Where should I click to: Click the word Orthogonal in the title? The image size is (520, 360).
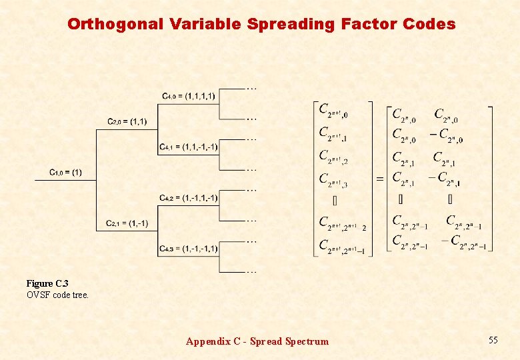[x=115, y=25]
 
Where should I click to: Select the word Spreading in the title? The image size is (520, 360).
[x=291, y=25]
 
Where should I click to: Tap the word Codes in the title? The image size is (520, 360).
[x=429, y=25]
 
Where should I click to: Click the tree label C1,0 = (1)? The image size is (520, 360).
[x=65, y=173]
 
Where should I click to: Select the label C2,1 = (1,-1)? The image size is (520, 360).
[x=127, y=223]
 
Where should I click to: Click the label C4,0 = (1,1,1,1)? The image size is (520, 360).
[x=189, y=96]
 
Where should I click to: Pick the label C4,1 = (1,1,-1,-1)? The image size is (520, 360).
[x=189, y=147]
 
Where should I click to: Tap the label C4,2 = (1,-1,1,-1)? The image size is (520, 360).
[x=189, y=198]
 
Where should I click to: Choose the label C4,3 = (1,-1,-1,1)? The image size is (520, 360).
[x=189, y=249]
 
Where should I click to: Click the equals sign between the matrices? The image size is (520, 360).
[x=380, y=179]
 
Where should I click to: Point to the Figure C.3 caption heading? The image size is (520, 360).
[x=47, y=284]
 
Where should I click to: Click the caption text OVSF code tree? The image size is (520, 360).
[x=57, y=294]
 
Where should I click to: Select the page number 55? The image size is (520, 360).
[x=493, y=341]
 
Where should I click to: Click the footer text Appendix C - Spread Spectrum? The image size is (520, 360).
[x=257, y=341]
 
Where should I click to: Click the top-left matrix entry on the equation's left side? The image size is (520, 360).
[x=333, y=111]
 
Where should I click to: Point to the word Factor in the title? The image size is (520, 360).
[x=369, y=25]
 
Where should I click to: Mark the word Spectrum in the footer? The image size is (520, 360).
[x=307, y=341]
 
